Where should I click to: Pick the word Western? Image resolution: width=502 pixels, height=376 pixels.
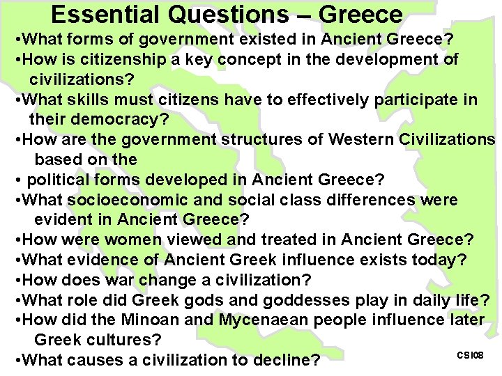pos(361,139)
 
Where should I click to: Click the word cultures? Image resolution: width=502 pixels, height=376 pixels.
pos(127,340)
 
